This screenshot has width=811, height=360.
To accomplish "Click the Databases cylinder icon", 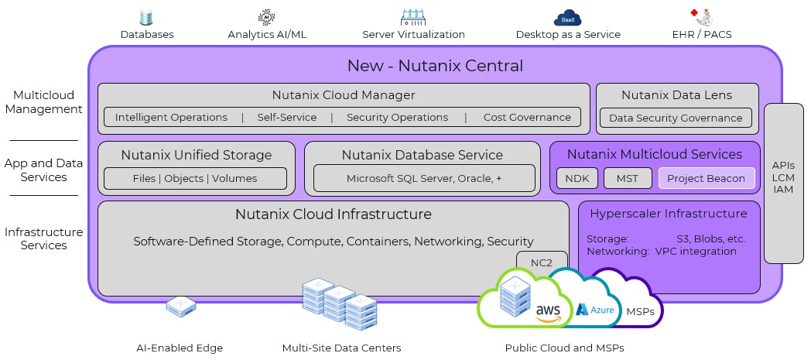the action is click(x=147, y=18).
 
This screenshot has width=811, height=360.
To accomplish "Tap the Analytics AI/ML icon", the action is click(x=267, y=17).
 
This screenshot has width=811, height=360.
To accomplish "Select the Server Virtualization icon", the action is click(x=413, y=18).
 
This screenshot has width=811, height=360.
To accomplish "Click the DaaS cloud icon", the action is click(x=568, y=18).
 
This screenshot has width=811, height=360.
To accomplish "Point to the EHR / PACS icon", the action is click(x=701, y=17).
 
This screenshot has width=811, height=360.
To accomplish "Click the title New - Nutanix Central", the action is click(x=435, y=66).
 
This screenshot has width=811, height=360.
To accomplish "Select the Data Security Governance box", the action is click(x=676, y=118).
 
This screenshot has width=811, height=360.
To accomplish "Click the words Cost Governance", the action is click(x=527, y=118).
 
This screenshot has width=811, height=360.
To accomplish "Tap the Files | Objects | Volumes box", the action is click(x=195, y=178).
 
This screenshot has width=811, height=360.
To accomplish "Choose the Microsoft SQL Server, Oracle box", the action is click(x=424, y=178).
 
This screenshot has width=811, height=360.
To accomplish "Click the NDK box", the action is click(x=577, y=178).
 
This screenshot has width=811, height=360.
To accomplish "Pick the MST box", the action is click(x=628, y=178).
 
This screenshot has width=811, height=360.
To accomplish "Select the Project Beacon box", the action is click(x=706, y=178).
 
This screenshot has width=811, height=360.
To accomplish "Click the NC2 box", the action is click(x=542, y=262).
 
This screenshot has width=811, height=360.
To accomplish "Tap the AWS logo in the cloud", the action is click(x=548, y=312).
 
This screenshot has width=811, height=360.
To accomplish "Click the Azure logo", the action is click(x=595, y=310).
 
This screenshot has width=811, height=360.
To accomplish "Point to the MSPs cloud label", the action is click(x=640, y=311).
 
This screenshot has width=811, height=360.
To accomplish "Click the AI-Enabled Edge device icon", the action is click(x=180, y=307).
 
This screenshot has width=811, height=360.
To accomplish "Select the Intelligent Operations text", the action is click(x=171, y=118).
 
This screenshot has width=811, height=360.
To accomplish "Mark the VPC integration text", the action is click(x=696, y=252).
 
